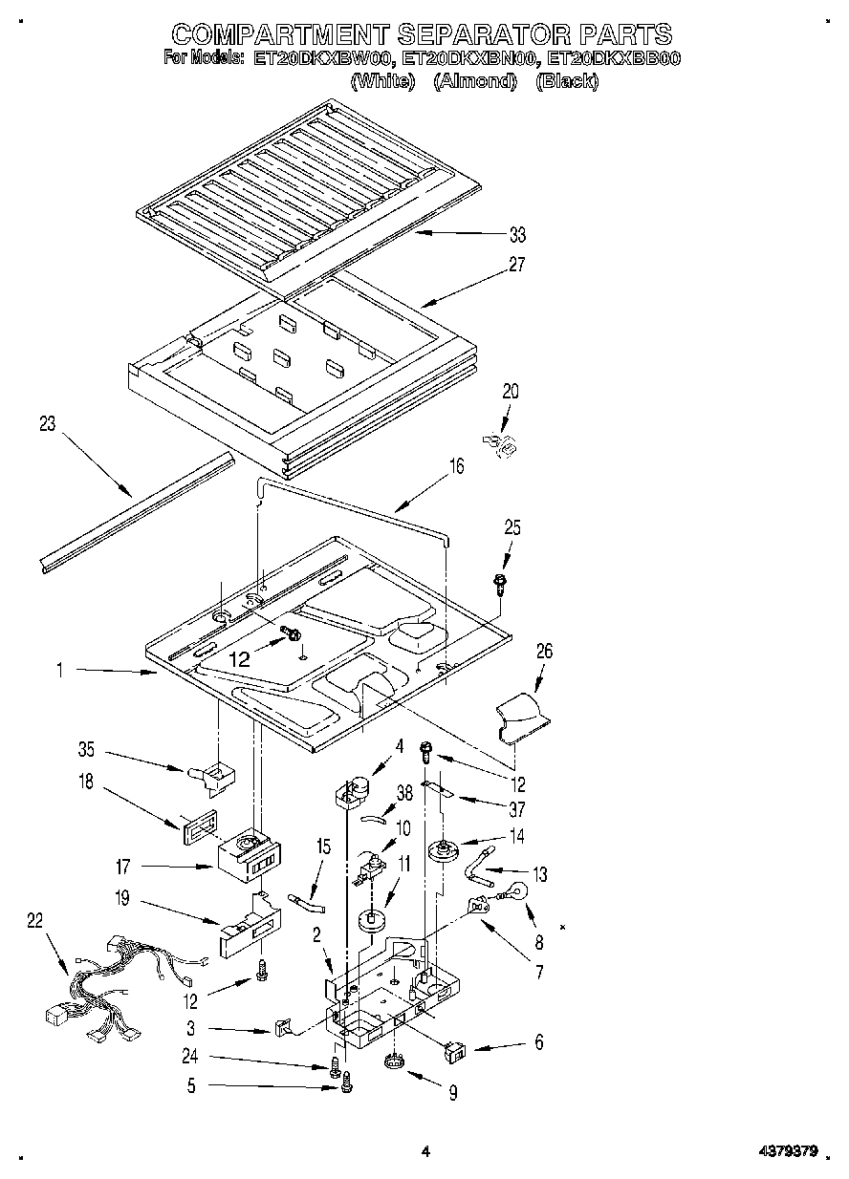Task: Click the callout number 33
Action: tap(517, 235)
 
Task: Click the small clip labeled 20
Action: tap(501, 442)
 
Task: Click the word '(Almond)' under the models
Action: tap(475, 82)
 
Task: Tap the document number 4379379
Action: tap(782, 1151)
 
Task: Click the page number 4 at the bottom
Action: tap(425, 1152)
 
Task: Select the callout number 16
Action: tap(456, 466)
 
